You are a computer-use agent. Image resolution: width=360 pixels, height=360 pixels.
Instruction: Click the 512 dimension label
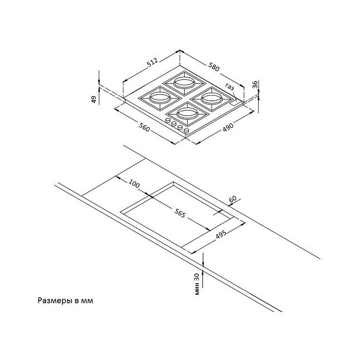coord(153,63)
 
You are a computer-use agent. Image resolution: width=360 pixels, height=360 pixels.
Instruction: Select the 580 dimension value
coord(214,67)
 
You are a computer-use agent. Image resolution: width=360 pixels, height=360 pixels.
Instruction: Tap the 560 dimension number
coord(144,128)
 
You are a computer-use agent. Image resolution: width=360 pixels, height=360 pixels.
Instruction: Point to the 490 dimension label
coord(228,128)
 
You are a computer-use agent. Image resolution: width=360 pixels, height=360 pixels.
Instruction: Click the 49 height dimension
coord(94,99)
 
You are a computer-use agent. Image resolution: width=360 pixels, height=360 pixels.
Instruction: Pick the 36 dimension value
coord(255,84)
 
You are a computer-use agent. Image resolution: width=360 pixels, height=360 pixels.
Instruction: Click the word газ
coord(229,87)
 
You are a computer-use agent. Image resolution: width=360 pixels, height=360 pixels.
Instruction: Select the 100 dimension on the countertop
coord(134,184)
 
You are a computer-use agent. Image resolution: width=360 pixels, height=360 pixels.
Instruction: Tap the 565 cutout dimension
coord(180,214)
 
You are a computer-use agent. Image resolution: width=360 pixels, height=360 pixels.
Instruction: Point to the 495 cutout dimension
coord(221,234)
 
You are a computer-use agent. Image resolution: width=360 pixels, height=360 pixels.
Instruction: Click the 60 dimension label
coord(233,199)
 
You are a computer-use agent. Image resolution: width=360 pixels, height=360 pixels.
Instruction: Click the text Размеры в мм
coord(65,301)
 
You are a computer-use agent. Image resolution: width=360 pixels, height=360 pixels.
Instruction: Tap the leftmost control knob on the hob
coord(168,120)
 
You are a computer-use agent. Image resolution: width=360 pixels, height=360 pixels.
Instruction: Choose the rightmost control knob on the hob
coord(186,131)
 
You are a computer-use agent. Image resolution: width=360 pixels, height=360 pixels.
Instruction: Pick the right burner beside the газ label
coord(212,99)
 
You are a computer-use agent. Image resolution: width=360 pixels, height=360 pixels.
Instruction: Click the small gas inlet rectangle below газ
coord(235,103)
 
